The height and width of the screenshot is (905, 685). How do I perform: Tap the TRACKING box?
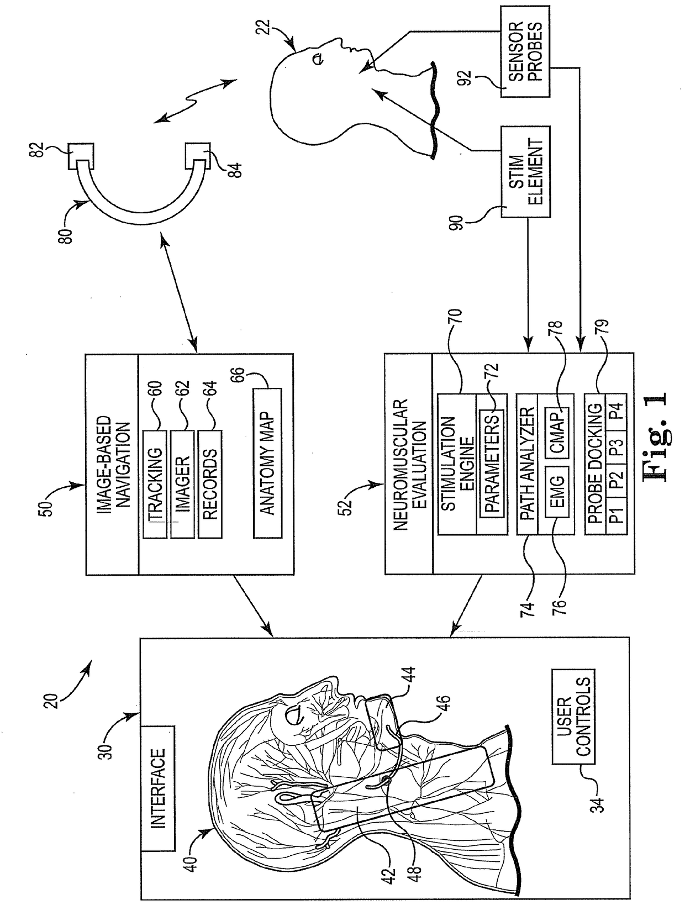coord(155,484)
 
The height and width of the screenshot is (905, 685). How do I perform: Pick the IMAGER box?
coord(182,484)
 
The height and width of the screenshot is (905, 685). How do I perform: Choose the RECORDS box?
coord(210,484)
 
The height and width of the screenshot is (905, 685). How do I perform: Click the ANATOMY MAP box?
coord(268,463)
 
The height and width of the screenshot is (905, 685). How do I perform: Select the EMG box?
coord(557,493)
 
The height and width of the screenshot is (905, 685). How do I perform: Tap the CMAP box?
coord(557,433)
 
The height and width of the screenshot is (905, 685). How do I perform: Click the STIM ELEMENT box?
coord(525,172)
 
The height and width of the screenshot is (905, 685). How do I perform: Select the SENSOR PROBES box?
coord(525,51)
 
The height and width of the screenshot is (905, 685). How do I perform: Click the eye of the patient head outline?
coord(318,59)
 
